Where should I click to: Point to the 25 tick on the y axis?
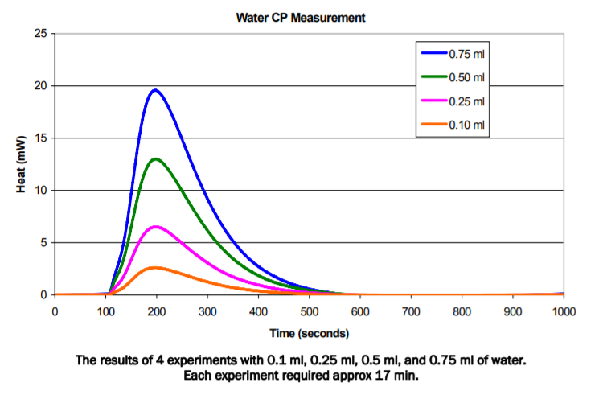(39, 34)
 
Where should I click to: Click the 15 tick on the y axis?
(39, 138)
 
